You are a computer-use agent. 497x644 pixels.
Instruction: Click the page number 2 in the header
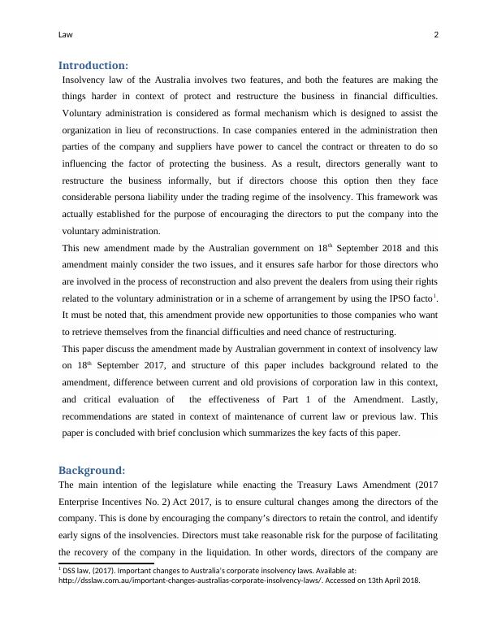436,34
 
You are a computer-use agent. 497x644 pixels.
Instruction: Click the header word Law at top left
66,34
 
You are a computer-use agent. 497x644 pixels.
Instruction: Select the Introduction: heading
93,66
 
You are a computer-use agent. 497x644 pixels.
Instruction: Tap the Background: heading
92,471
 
